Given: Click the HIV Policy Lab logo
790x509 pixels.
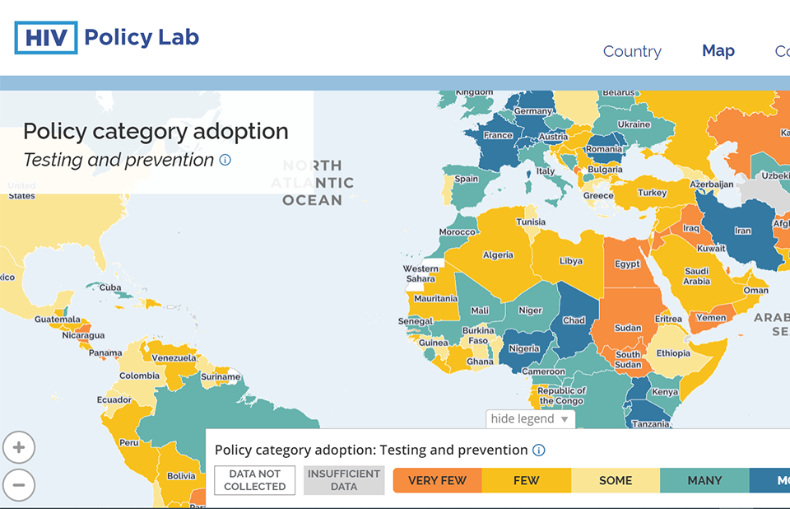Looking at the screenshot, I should tap(107, 38).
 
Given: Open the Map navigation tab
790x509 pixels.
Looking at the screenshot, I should tap(718, 51).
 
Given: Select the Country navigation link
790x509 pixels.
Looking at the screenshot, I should tap(632, 51).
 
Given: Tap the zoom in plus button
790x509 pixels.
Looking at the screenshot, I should tap(19, 449).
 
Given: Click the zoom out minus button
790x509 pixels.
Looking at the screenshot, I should tap(19, 484).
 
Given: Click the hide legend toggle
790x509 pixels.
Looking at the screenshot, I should tap(530, 419).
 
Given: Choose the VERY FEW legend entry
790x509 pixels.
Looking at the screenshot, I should tap(437, 481).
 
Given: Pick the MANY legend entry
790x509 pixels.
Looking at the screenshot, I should tap(704, 481).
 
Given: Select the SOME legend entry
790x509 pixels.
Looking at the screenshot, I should tap(616, 481).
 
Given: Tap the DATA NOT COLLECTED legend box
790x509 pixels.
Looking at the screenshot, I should tap(255, 480).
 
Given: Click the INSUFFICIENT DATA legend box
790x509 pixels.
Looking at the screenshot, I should tap(344, 480).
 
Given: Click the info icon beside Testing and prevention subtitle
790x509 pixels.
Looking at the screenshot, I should tap(225, 160).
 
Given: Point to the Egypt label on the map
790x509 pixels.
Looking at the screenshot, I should tap(627, 264).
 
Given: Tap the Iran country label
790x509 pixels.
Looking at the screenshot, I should tap(742, 231).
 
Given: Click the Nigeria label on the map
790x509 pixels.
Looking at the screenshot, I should tap(523, 348).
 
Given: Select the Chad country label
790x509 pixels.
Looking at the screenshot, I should tap(574, 320).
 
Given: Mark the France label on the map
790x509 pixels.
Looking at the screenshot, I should tap(498, 135).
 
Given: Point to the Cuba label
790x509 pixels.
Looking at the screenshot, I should tap(110, 287).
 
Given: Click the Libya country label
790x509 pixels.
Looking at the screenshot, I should tap(570, 261).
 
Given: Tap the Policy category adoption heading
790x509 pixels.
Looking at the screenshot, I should tap(156, 132).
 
